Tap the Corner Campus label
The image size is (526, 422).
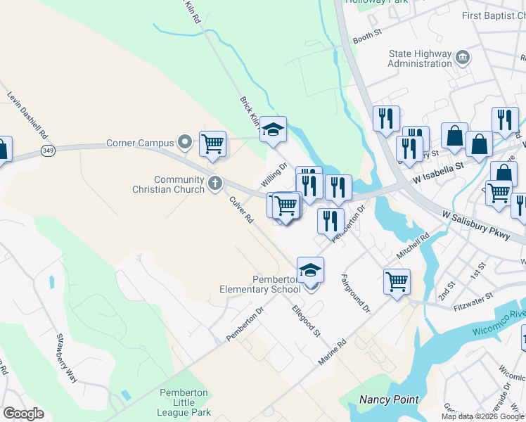(140, 143)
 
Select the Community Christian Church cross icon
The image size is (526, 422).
(215, 184)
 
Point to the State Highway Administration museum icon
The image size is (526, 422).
(463, 56)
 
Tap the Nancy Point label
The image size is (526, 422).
(389, 399)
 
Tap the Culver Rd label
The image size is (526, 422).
(241, 209)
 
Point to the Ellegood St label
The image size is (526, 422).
(307, 319)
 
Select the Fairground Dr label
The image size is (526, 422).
(355, 293)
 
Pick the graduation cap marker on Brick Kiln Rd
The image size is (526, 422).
(273, 129)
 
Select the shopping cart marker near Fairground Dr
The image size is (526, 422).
(397, 281)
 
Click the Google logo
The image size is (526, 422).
(23, 414)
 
